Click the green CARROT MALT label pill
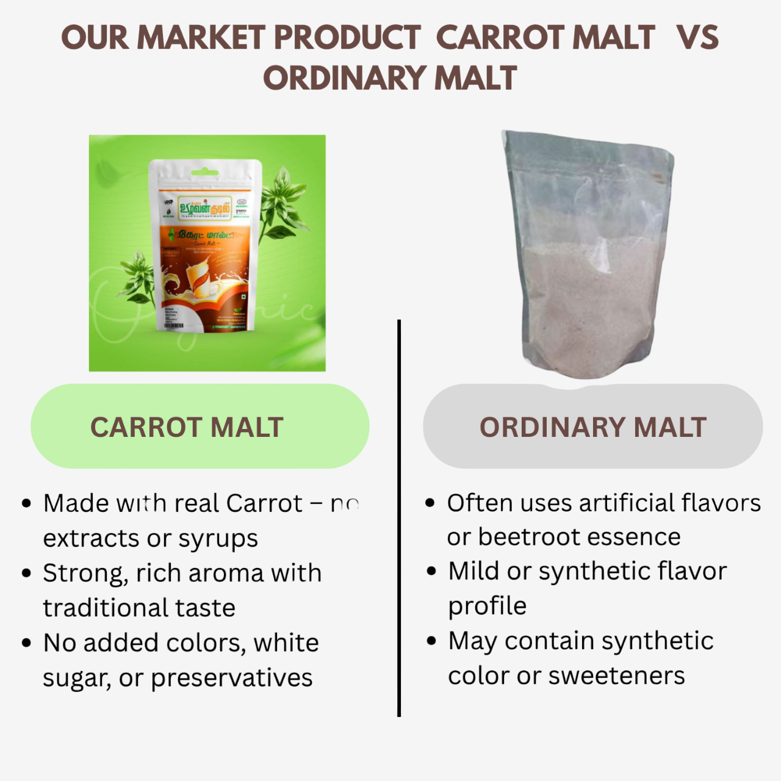pyautogui.click(x=200, y=426)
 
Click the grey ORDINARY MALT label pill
pyautogui.click(x=592, y=426)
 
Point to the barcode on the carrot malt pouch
pyautogui.click(x=174, y=325)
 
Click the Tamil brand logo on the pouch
pyautogui.click(x=204, y=207)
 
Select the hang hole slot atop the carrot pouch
pyautogui.click(x=205, y=173)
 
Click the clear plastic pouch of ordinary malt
pyautogui.click(x=589, y=256)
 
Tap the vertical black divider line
pyautogui.click(x=399, y=519)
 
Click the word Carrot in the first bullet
pyautogui.click(x=264, y=504)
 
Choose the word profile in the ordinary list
pyautogui.click(x=487, y=606)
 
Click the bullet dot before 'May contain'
pyautogui.click(x=432, y=641)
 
